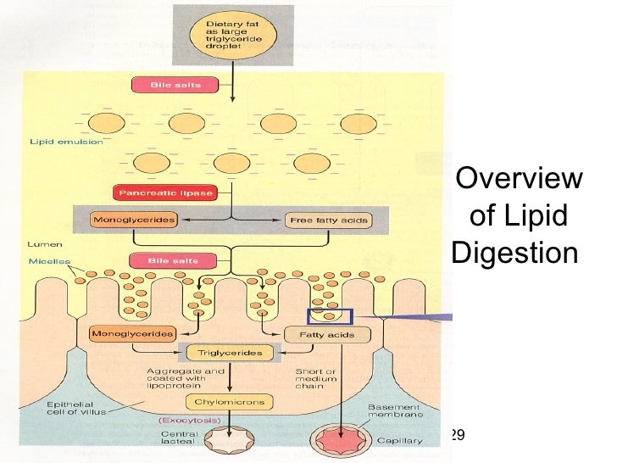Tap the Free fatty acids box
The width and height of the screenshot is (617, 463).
327,220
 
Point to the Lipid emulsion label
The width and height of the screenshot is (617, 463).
65,142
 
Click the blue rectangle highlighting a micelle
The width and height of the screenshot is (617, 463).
330,316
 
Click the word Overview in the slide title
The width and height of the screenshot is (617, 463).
519,180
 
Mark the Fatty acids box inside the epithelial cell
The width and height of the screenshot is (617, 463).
326,335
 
